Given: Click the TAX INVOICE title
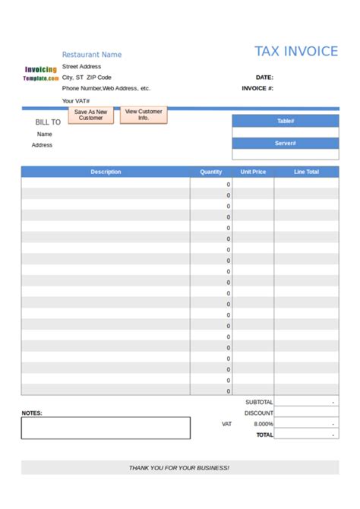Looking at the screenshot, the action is [295, 52].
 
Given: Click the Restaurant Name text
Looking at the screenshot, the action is [91, 55].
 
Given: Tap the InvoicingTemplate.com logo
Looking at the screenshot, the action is [40, 74].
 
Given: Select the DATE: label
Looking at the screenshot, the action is [264, 77].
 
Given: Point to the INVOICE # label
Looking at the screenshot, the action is [257, 88].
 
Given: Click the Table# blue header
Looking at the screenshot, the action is [286, 121].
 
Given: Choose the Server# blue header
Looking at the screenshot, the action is [286, 143].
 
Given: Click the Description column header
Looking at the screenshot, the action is [106, 172].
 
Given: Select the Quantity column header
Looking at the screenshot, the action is [211, 172].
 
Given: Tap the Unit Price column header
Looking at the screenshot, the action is [253, 172].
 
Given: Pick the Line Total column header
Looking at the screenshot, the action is [306, 172].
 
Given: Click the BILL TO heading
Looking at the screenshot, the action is [48, 122].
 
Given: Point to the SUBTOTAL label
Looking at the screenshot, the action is [259, 402].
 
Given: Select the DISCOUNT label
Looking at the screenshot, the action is [259, 413].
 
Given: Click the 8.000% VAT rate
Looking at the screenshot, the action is [264, 424].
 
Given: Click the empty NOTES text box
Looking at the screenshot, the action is [106, 428].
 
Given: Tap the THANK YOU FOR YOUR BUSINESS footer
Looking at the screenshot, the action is [179, 468].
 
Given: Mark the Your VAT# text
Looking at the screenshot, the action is [76, 100].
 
